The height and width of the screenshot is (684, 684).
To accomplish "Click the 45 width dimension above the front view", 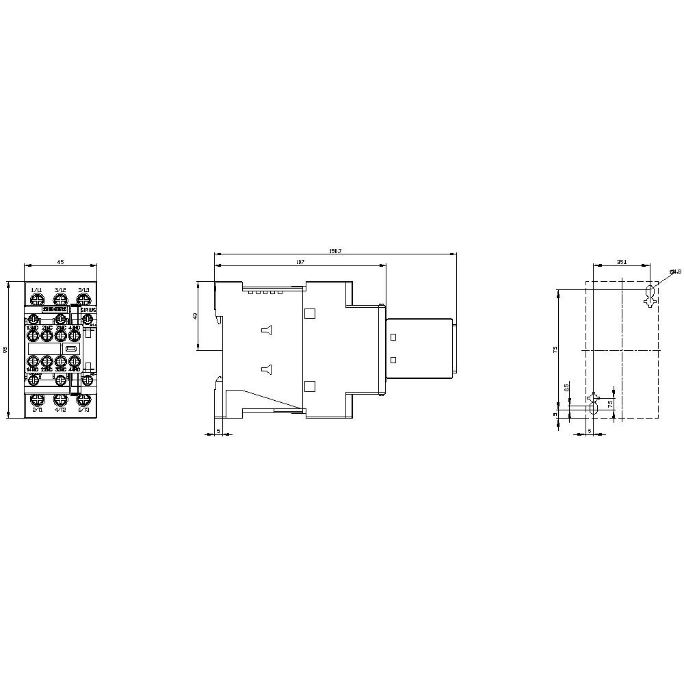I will tap(60, 261).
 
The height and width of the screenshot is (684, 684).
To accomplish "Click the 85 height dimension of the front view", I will tap(5, 350).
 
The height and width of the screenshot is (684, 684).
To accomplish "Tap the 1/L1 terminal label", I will tap(36, 290).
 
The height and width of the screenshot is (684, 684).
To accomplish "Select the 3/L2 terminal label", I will tap(60, 290).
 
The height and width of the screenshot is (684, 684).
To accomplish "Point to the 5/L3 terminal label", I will tap(83, 290).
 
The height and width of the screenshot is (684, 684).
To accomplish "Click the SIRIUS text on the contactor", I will tap(88, 310).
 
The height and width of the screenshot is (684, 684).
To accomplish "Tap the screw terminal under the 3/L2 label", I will tap(60, 300).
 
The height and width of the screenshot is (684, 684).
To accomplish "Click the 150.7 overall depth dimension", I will tap(335, 251).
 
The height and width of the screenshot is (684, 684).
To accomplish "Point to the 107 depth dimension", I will tap(300, 262).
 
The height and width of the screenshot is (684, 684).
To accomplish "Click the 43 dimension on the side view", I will tap(195, 315).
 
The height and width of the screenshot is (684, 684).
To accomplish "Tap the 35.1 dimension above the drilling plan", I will tap(621, 261).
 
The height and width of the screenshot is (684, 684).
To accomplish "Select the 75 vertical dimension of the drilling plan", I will tap(555, 349).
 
